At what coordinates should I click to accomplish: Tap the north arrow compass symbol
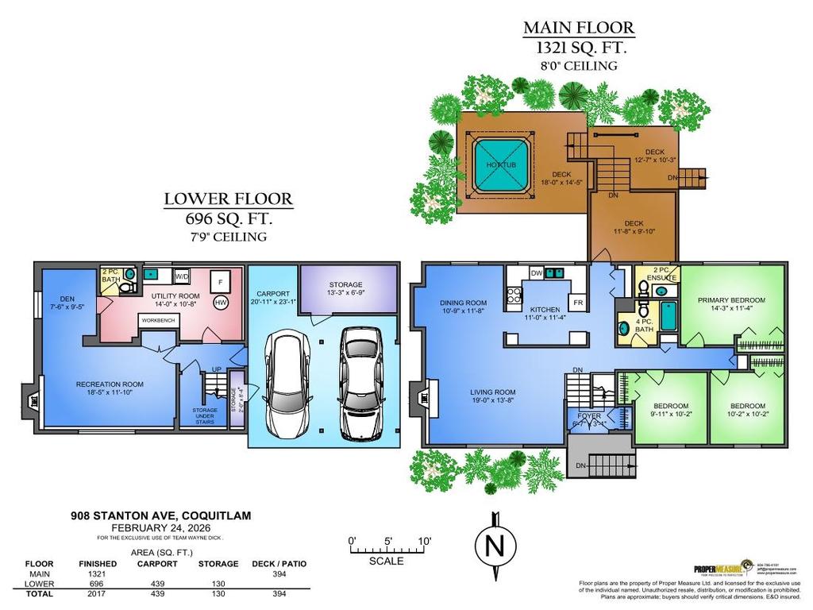(494, 546)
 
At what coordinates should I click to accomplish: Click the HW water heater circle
(222, 303)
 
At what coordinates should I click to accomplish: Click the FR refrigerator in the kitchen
(578, 303)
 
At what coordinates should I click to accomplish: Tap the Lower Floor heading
(228, 199)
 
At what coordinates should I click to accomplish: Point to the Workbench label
(159, 320)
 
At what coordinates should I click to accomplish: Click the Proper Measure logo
(719, 568)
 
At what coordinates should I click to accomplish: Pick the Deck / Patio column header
(279, 564)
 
